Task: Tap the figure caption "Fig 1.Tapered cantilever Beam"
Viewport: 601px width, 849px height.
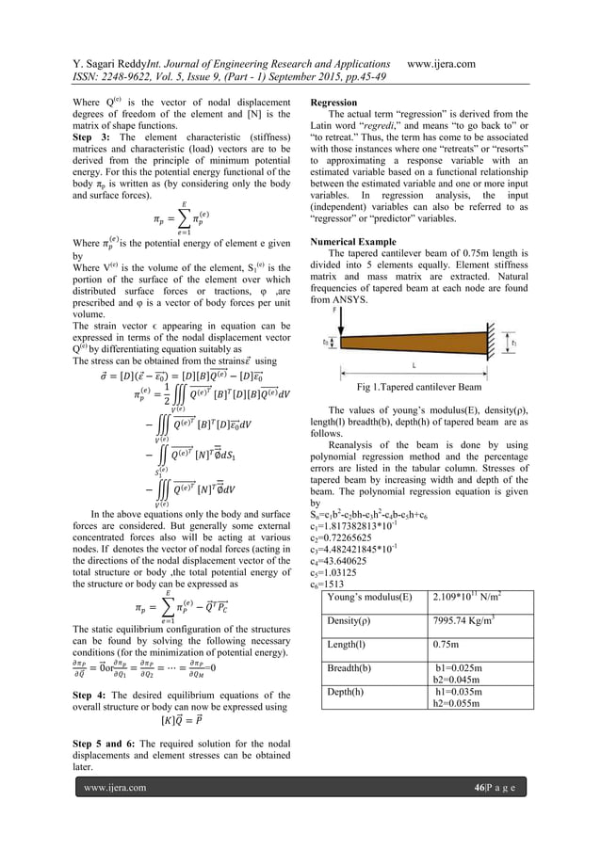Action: click(x=418, y=387)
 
